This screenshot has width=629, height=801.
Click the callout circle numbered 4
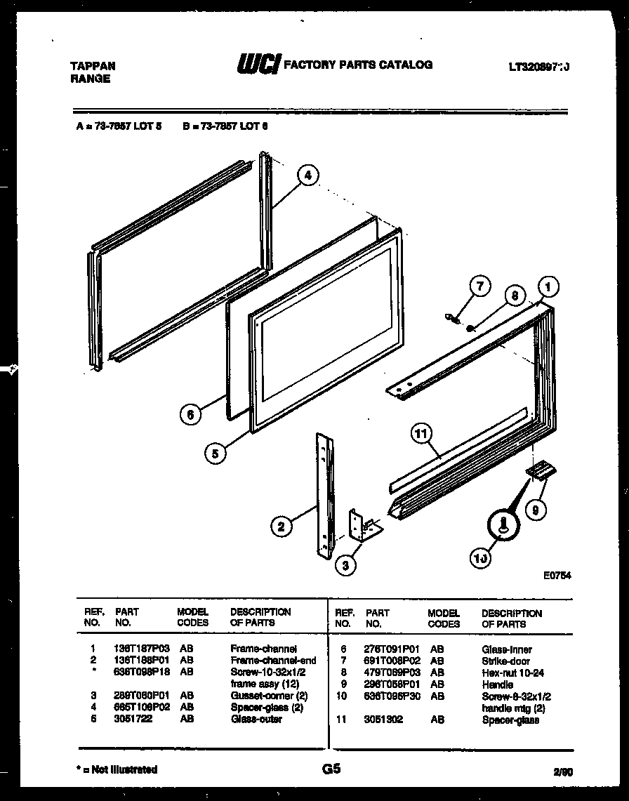tap(307, 176)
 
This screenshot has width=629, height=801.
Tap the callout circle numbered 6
tap(189, 415)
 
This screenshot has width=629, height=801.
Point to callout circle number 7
tap(479, 286)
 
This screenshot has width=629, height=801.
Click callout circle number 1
tap(548, 286)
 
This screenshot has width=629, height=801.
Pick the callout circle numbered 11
tap(421, 435)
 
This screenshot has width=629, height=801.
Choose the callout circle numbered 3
tap(345, 565)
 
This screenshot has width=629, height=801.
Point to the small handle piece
tap(539, 470)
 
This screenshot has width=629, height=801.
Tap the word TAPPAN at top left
tap(93, 66)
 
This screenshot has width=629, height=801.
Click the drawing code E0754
tap(557, 574)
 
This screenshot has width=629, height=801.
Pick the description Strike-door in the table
tap(505, 661)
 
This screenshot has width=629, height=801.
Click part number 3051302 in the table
tap(384, 720)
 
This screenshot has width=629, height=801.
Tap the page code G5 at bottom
tap(331, 769)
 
